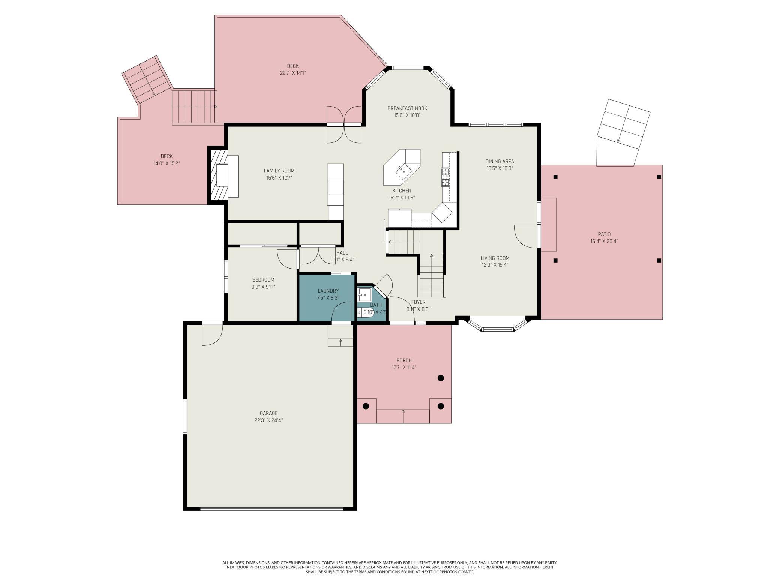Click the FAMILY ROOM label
[x=279, y=171]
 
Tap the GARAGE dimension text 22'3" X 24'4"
[x=268, y=420]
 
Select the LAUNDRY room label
[x=328, y=291]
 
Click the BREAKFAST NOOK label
[x=407, y=108]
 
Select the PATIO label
[x=604, y=234]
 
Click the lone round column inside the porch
[x=441, y=378]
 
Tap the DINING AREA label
[x=500, y=162]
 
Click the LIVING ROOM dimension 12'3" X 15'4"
[x=495, y=265]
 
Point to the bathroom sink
[x=364, y=295]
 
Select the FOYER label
[x=418, y=302]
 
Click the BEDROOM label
[x=263, y=280]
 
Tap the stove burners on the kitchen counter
[x=445, y=177]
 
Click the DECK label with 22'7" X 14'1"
[x=293, y=66]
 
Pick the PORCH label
[x=404, y=360]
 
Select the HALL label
[x=342, y=253]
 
